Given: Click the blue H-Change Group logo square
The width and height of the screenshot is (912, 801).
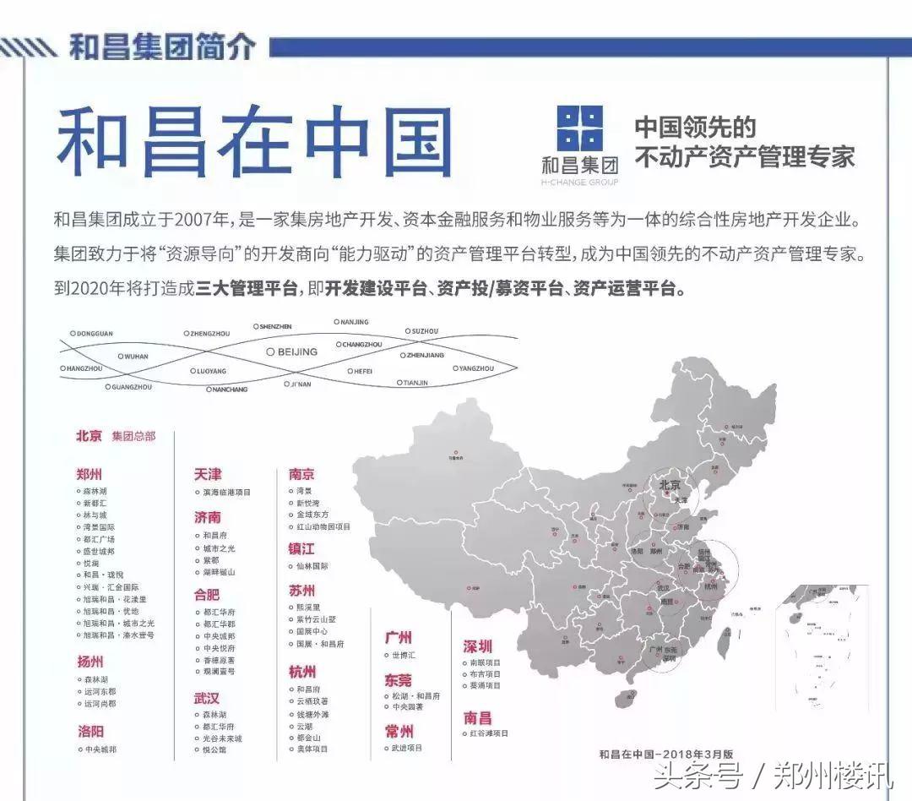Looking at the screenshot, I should tap(580, 128).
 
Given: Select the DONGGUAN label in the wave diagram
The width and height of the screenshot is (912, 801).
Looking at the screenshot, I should tap(93, 334).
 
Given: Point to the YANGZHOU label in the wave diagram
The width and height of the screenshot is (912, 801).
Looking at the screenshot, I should tap(476, 368).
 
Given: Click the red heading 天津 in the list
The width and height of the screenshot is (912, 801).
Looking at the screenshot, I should tap(207, 474).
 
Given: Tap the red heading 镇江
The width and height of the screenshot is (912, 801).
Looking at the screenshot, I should tap(301, 548).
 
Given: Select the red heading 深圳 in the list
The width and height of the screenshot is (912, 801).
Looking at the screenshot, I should tap(477, 647).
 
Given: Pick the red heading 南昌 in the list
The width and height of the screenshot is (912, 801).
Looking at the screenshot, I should tap(477, 717).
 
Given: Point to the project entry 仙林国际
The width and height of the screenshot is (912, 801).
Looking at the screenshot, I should tap(312, 566).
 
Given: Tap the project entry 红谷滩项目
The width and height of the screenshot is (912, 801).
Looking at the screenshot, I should tap(488, 734).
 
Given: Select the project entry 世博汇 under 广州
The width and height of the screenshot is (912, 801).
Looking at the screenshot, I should tap(402, 655).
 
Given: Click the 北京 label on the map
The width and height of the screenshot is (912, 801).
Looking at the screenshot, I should tap(669, 485).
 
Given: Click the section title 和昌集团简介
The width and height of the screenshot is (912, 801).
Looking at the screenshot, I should tap(161, 46).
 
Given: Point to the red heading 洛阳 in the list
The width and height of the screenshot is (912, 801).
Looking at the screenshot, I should tap(90, 731).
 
